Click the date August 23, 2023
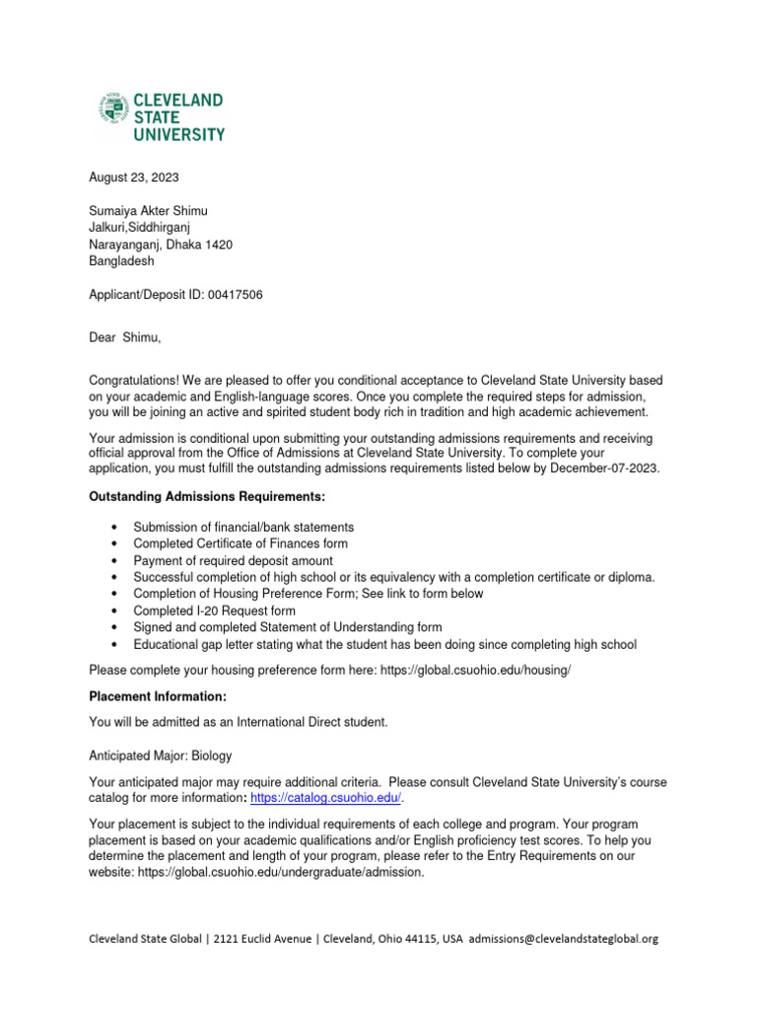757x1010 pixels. [134, 178]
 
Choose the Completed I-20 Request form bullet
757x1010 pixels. [214, 611]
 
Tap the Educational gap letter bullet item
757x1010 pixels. [384, 644]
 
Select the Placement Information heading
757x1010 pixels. [158, 696]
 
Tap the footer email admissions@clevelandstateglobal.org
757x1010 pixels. [563, 939]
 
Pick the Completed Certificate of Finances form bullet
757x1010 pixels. [241, 543]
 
